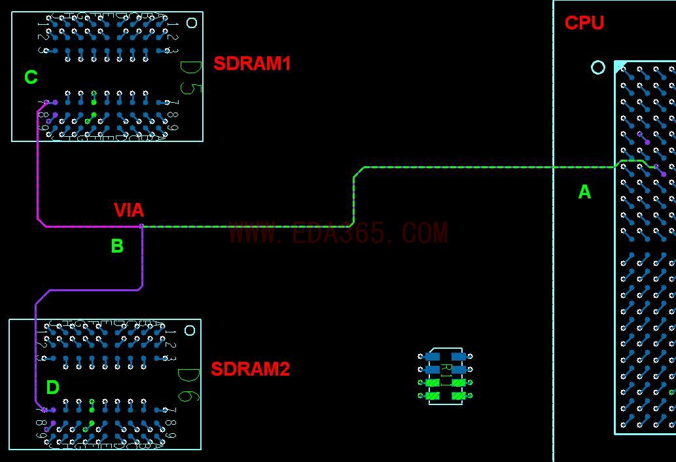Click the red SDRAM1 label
(x=252, y=63)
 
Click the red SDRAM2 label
(x=250, y=369)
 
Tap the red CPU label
(x=584, y=23)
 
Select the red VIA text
(x=129, y=210)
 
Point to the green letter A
(x=584, y=192)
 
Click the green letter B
(x=117, y=246)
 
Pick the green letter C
(x=31, y=77)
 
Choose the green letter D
(x=53, y=387)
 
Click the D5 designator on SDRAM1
(x=190, y=77)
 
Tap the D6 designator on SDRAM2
(x=188, y=385)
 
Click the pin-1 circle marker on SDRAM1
(x=192, y=23)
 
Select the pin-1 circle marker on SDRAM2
(x=190, y=330)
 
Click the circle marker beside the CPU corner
(x=598, y=67)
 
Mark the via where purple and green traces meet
(x=141, y=226)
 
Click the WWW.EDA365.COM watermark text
(x=338, y=233)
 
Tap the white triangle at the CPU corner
(x=619, y=65)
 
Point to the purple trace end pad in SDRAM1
(x=54, y=102)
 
